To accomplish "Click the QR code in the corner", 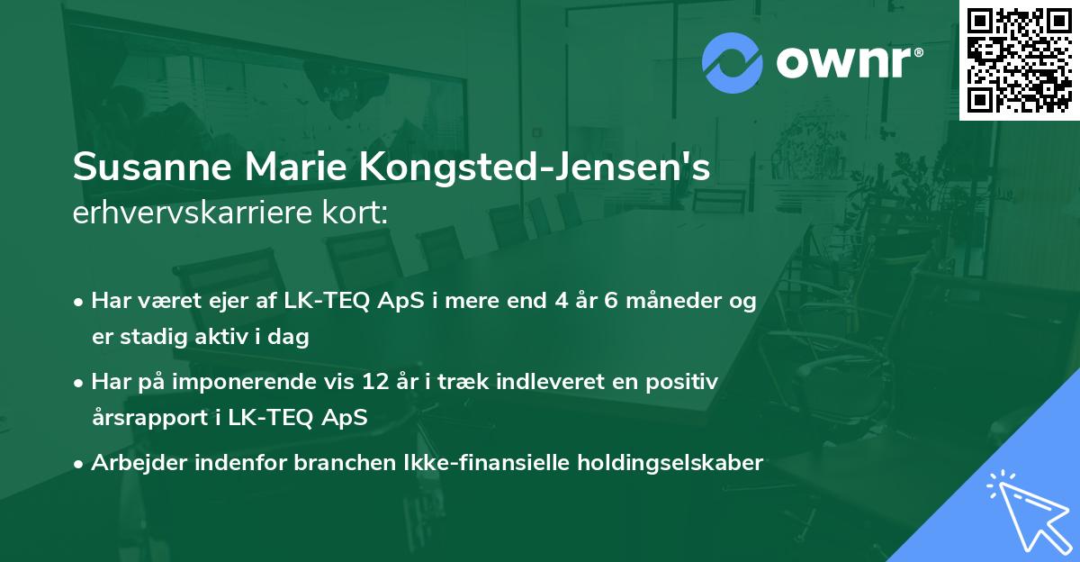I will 1020,59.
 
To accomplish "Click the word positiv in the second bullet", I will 686,382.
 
